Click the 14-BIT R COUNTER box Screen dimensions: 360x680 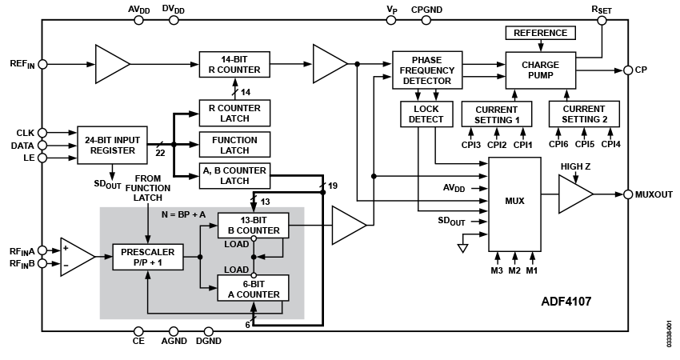pos(234,65)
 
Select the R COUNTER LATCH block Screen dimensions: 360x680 pos(234,113)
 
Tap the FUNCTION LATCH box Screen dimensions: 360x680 pos(234,145)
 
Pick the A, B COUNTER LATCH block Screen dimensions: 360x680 pos(234,176)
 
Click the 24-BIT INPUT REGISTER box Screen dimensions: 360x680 pos(112,145)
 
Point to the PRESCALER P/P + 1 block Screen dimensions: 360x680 pos(148,257)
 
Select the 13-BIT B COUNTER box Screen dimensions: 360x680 pos(253,226)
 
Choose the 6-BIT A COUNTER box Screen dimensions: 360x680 pos(253,289)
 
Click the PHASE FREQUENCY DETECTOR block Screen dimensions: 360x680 pos(427,70)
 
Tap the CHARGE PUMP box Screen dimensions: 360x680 pos(540,70)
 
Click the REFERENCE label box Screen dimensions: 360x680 pos(540,33)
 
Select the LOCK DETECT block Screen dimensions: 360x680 pos(426,114)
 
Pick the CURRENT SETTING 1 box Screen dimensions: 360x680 pos(497,114)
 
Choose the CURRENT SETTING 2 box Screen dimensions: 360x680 pos(584,114)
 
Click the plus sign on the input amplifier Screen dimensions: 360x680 pos(66,248)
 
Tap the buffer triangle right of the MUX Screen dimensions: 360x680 pos(573,194)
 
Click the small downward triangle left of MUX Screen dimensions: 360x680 pos(462,249)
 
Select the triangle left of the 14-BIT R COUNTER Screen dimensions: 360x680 pos(110,64)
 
